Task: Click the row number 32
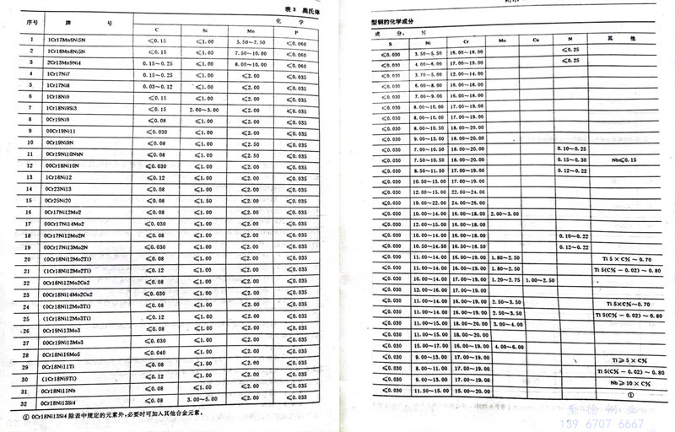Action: (x=29, y=403)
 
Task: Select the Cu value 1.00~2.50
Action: (x=538, y=279)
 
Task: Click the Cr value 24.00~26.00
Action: (x=464, y=203)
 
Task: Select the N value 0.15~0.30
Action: (x=573, y=159)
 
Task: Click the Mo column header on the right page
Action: (x=502, y=39)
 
